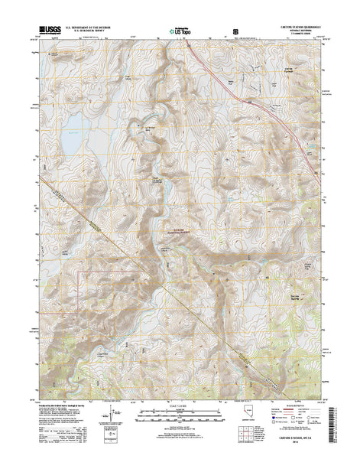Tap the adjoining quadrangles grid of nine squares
[x=283, y=422]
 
